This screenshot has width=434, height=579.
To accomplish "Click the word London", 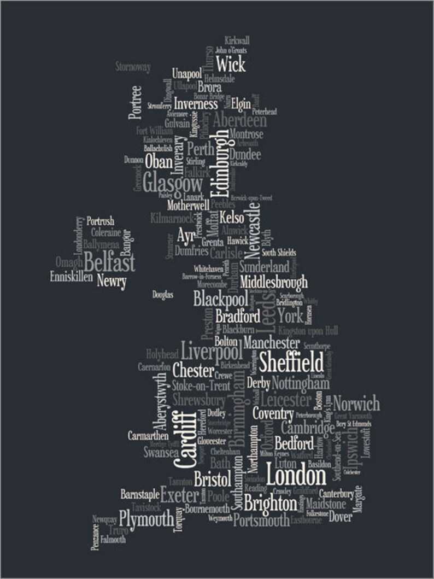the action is pos(296,473).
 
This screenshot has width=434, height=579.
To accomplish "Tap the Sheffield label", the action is pos(291,362).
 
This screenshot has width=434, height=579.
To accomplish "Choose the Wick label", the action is pos(230,63).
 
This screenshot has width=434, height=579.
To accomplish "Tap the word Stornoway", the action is pos(133,68).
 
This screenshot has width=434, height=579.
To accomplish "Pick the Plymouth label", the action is pos(146,518).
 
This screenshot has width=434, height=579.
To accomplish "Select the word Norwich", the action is pos(356,405).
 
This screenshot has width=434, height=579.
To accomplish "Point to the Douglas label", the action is pos(162,295).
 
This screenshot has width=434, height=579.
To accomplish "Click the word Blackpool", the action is pos(220,299).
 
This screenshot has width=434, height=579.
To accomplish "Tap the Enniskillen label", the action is pos(71,277).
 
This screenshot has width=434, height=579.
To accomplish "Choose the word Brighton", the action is pos(269,502).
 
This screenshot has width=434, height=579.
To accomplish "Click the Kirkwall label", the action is pos(237,40).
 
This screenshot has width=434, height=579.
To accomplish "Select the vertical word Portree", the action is pos(136,102).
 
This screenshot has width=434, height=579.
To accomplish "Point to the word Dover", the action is pos(340,517).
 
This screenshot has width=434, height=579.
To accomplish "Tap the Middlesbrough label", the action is pos(273,283).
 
